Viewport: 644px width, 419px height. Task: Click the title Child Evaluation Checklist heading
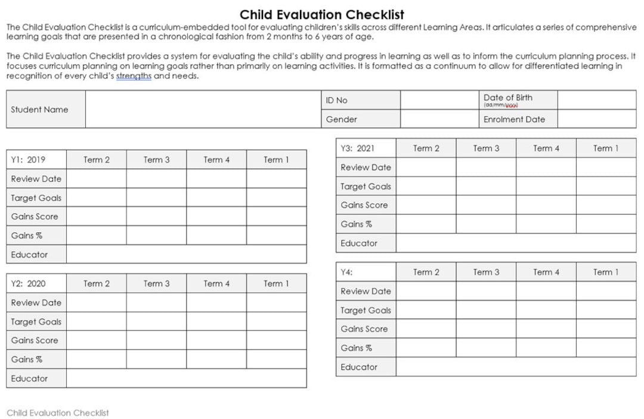[x=322, y=14]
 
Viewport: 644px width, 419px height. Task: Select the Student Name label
[x=39, y=110]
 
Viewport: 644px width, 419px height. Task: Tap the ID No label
[x=336, y=100]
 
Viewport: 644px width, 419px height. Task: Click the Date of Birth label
[x=508, y=98]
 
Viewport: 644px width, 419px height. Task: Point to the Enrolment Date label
[x=514, y=119]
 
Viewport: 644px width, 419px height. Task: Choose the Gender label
[x=341, y=119]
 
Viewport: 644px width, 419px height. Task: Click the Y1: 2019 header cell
[x=28, y=160]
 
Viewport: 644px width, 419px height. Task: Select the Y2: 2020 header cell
[x=28, y=284]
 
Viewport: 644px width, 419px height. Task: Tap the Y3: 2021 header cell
[x=357, y=148]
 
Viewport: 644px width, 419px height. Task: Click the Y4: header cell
[x=346, y=272]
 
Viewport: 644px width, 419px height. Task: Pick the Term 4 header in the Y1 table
[x=216, y=160]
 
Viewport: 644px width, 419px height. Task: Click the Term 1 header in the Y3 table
[x=606, y=148]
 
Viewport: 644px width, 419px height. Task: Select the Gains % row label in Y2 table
[x=27, y=359]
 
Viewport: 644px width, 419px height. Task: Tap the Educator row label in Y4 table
[x=359, y=367]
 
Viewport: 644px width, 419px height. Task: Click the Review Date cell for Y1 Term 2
[x=97, y=179]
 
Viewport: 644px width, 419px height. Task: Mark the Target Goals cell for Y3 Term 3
[x=486, y=187]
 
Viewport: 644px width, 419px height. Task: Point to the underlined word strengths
[x=134, y=76]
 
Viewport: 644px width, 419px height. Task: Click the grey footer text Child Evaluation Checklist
[x=58, y=412]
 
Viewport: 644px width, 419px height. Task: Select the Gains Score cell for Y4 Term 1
[x=606, y=329]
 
